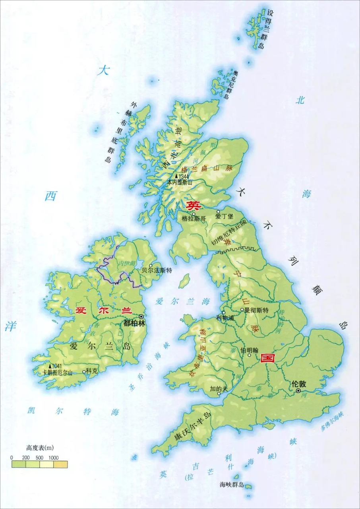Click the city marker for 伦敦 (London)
point(298,391)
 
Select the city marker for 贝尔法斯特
point(151,266)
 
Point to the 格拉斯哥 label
point(194,218)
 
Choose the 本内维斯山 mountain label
point(179,182)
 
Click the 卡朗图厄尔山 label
point(58,373)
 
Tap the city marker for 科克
point(84,372)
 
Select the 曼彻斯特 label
point(257,310)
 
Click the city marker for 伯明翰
point(250,356)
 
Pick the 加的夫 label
point(219,388)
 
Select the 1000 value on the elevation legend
point(54,457)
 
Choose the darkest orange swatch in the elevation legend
point(60,464)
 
